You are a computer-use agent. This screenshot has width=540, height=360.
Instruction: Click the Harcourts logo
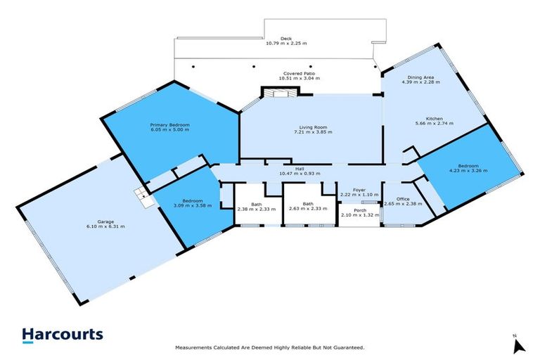click(x=63, y=335)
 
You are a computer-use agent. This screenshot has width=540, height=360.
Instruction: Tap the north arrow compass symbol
click(x=519, y=345)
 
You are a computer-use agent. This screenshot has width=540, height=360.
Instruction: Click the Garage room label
click(x=105, y=222)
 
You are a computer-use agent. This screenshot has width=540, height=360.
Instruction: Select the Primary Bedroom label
click(x=169, y=124)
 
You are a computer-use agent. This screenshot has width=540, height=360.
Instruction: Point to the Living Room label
click(x=313, y=127)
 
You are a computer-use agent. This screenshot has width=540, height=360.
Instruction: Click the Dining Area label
click(x=420, y=77)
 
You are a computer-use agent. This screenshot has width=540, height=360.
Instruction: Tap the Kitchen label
click(x=435, y=119)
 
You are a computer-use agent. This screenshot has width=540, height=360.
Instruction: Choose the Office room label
click(x=403, y=199)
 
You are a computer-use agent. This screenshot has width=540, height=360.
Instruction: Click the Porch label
click(x=360, y=210)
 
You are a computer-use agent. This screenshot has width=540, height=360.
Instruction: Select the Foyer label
click(x=359, y=190)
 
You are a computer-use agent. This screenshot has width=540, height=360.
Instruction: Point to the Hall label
click(x=300, y=169)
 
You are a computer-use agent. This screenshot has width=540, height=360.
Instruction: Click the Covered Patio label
click(x=299, y=73)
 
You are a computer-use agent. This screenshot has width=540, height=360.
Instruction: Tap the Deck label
click(x=286, y=39)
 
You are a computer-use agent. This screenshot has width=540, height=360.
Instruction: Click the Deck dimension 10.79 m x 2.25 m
click(x=286, y=44)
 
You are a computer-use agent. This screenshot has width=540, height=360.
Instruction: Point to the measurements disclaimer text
click(x=270, y=348)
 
